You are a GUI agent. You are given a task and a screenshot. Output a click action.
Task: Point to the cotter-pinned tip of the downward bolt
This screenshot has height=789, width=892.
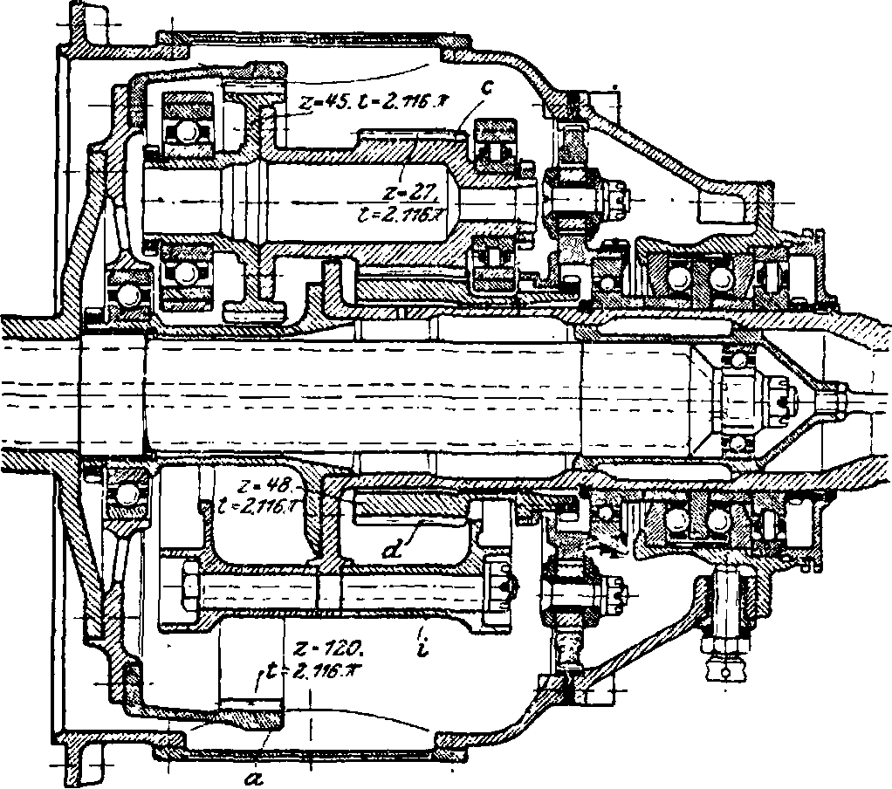[x=724, y=673]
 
